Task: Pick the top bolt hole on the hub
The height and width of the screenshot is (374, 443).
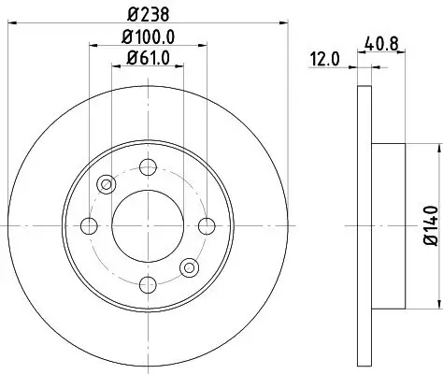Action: pyautogui.click(x=147, y=167)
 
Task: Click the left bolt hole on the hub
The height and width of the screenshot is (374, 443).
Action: pyautogui.click(x=90, y=224)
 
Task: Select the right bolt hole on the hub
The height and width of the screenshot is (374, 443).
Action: pyautogui.click(x=206, y=224)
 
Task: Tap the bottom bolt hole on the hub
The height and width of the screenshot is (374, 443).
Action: pyautogui.click(x=148, y=282)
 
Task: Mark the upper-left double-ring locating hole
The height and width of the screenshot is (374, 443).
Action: pyautogui.click(x=106, y=183)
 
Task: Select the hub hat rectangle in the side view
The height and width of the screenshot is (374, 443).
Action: pyautogui.click(x=389, y=224)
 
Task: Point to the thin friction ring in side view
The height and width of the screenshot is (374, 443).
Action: pyautogui.click(x=364, y=224)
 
